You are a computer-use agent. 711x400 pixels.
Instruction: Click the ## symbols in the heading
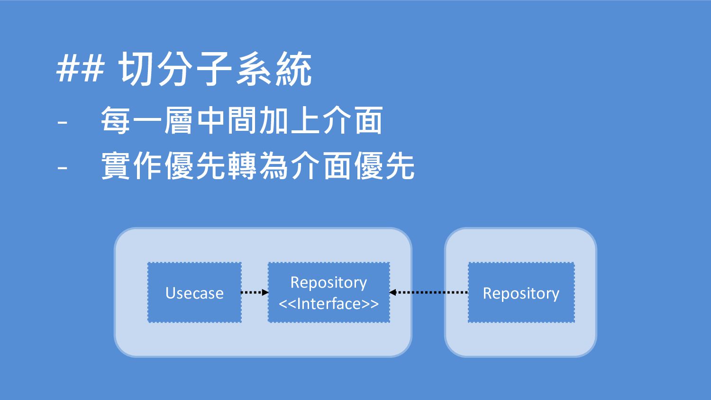80,68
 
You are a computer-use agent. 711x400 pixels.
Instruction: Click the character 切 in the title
137,69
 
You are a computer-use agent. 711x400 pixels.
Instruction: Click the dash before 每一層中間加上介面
63,122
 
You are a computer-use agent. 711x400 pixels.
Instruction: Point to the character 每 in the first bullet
116,120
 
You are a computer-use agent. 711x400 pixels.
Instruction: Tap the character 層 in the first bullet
178,120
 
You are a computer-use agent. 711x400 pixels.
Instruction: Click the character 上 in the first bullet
305,120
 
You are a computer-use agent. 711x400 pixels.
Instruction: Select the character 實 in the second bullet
116,165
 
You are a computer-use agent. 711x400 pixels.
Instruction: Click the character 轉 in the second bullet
242,165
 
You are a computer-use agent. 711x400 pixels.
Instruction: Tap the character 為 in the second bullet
273,165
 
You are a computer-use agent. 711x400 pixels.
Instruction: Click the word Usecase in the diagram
194,293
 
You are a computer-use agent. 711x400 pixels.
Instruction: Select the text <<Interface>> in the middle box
329,303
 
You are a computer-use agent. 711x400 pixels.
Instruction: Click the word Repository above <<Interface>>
329,282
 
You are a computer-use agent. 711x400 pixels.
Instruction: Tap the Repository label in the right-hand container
521,293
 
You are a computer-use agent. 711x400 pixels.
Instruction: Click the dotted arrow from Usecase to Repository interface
255,292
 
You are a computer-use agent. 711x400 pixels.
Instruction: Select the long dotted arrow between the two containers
429,292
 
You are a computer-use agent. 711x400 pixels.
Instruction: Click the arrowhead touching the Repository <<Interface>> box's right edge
392,292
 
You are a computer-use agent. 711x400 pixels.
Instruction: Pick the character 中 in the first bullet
210,120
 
